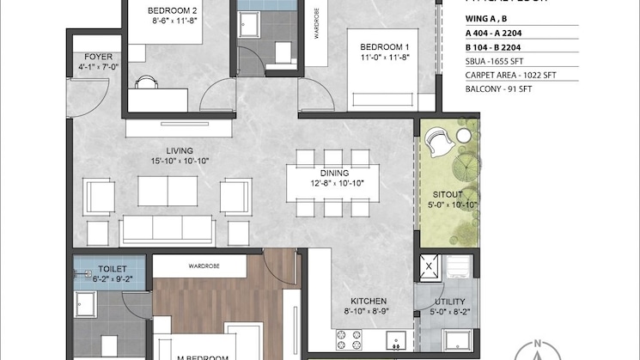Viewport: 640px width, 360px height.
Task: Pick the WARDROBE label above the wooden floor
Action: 204,266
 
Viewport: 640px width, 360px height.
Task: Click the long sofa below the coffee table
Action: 168,230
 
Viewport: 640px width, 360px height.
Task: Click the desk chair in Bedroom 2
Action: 147,82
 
